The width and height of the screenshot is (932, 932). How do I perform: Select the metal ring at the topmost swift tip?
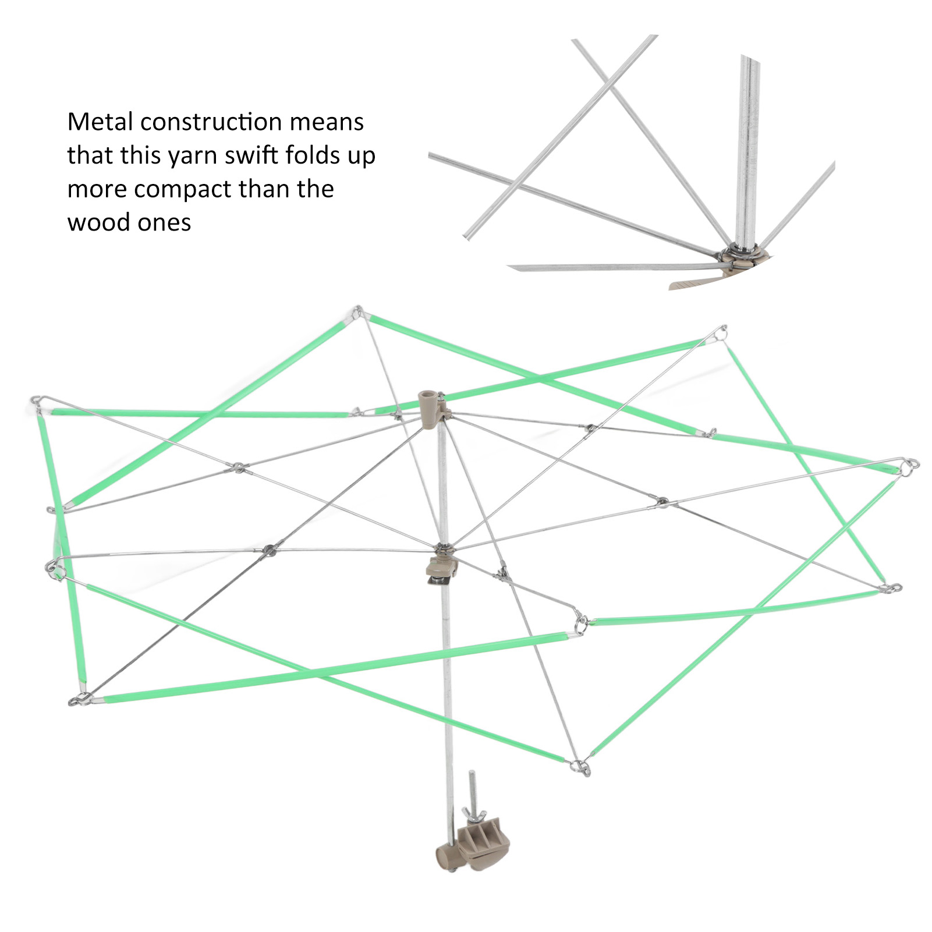pos(358,311)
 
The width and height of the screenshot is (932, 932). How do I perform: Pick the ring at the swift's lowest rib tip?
pos(581,767)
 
